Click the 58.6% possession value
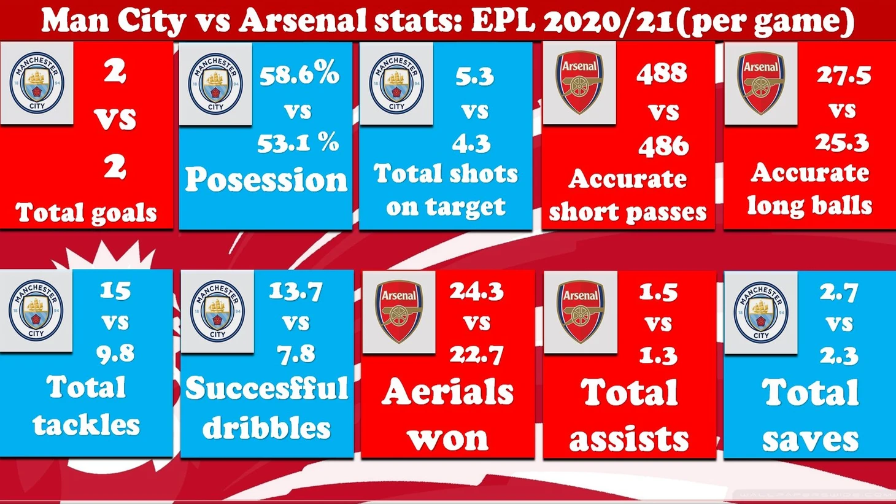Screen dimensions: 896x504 (299, 74)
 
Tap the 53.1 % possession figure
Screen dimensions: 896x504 (298, 142)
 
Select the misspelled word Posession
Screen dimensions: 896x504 (266, 180)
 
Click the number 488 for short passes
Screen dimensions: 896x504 (662, 73)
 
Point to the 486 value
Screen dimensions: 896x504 (663, 145)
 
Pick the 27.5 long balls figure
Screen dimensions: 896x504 (844, 75)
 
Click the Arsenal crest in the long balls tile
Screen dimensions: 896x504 (761, 83)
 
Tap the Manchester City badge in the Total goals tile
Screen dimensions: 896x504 (37, 82)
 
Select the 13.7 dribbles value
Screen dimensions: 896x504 (296, 292)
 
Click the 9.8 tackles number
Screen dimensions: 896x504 (115, 353)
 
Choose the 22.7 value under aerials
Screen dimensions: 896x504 (476, 355)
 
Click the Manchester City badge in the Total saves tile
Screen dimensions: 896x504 (761, 312)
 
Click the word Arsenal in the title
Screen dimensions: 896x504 (303, 20)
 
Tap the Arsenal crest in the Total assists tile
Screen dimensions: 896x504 (581, 312)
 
